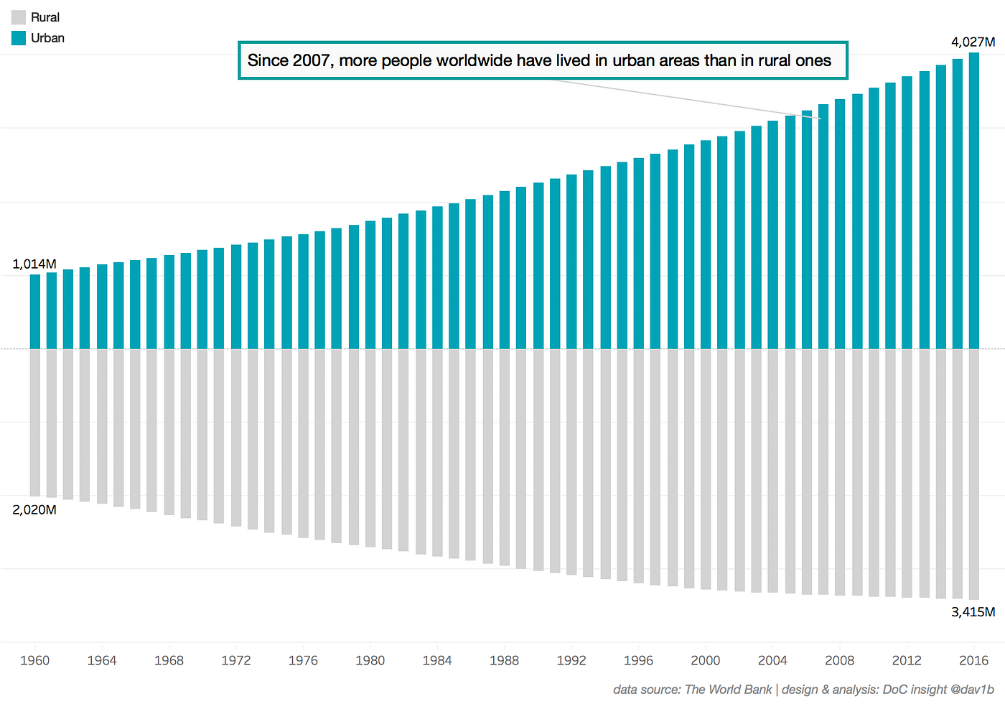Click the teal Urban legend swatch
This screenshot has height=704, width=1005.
point(19,38)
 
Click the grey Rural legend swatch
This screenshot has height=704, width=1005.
point(19,17)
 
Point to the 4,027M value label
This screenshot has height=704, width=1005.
point(973,42)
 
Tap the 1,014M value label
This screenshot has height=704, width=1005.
point(34,264)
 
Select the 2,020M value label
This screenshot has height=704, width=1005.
point(34,509)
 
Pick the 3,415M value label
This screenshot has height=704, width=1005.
point(973,612)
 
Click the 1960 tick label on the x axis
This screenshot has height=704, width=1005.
point(34,660)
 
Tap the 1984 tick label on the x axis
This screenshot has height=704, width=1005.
point(437,660)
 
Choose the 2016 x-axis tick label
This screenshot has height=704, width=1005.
point(973,660)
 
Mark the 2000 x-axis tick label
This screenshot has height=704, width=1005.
point(705,660)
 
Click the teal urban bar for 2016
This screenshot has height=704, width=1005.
point(973,201)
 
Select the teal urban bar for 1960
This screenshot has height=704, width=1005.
point(34,312)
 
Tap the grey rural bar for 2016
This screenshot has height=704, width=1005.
point(973,474)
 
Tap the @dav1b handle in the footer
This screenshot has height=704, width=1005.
point(972,690)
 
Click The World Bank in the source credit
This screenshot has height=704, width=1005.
point(728,690)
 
